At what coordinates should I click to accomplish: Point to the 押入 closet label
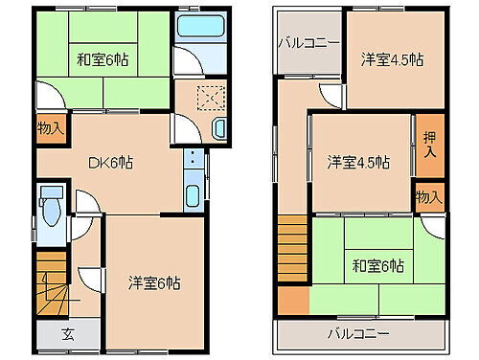tap(428, 144)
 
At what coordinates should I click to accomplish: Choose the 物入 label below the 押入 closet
tap(428, 196)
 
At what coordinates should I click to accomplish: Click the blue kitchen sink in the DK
tap(192, 198)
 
